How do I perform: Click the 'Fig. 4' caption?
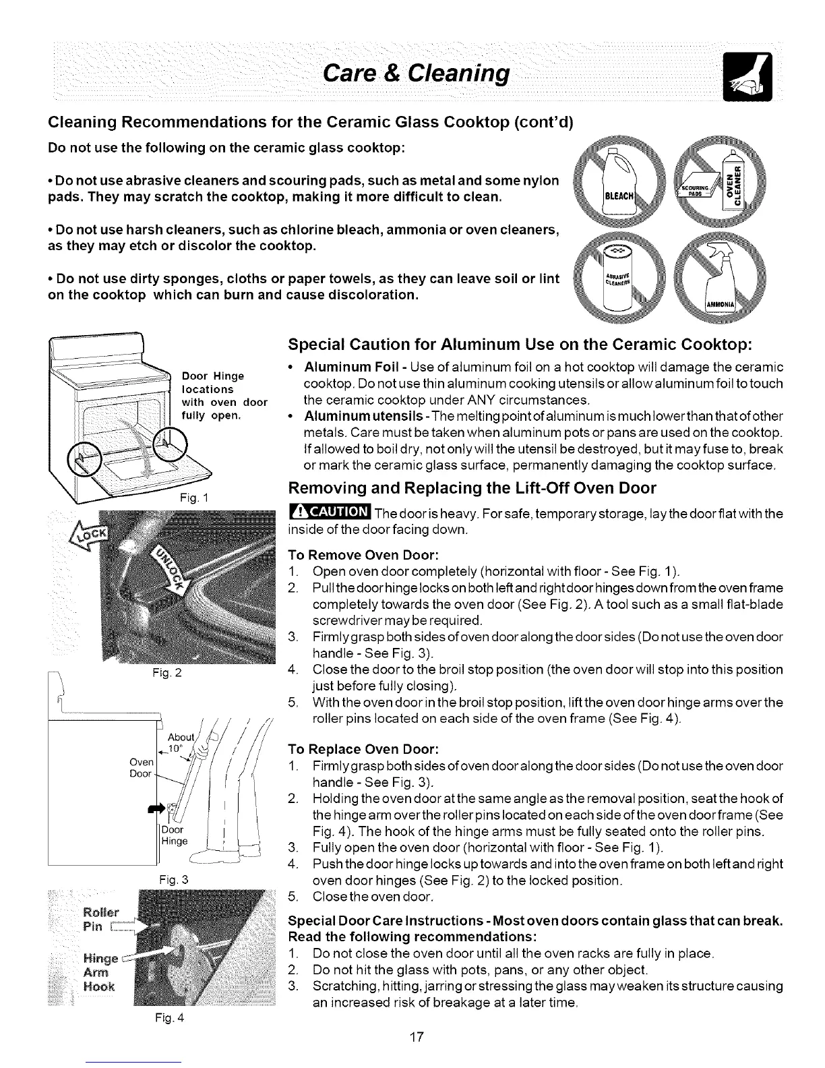pyautogui.click(x=162, y=1017)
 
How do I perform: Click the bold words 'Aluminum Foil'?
pyautogui.click(x=341, y=367)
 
